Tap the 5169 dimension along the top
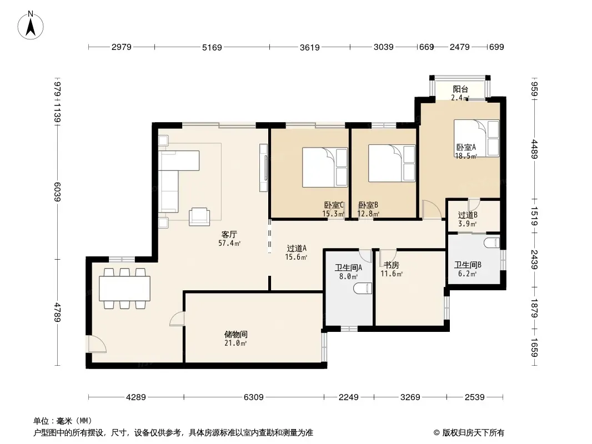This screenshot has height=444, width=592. point(212,47)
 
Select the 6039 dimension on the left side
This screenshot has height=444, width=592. point(57,191)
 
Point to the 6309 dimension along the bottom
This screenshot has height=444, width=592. point(253,397)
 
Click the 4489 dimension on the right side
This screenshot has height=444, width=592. point(535,149)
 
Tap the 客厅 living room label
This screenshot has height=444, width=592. point(229,235)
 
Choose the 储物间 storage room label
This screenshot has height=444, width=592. point(235,334)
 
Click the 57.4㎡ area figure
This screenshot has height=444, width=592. point(229,243)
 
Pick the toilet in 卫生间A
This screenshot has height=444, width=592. point(363,289)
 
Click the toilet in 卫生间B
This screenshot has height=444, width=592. point(492,243)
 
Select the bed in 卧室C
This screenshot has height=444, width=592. point(325,167)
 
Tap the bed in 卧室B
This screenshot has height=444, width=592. point(392,163)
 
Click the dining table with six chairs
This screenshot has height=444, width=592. point(124,289)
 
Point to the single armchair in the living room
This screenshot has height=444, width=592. point(199,216)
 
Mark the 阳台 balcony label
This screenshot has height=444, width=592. point(460,89)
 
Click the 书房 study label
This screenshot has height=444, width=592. point(391,265)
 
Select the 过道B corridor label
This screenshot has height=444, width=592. point(468,215)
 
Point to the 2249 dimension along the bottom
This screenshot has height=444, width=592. point(348,397)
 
